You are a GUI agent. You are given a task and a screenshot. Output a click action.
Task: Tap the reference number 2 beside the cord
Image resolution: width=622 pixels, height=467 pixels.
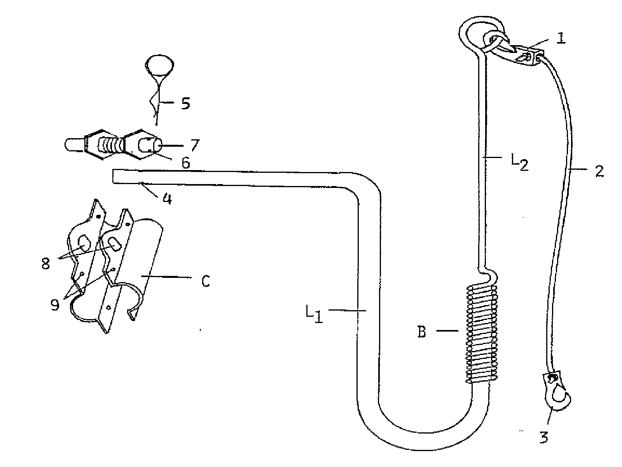point(599,171)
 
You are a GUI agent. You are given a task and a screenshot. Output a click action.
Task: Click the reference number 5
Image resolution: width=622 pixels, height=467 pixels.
point(185,104)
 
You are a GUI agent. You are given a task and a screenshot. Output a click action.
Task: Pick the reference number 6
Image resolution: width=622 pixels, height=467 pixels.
point(185,163)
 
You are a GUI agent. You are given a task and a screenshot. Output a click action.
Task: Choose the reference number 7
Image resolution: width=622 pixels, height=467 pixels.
point(195,145)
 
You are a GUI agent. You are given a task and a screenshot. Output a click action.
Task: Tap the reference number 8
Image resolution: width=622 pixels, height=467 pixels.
point(45,263)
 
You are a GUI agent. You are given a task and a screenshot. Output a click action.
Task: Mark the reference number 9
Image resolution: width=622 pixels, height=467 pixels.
point(55,305)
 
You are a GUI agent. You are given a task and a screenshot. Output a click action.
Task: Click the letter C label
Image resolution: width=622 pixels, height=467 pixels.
point(206,281)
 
